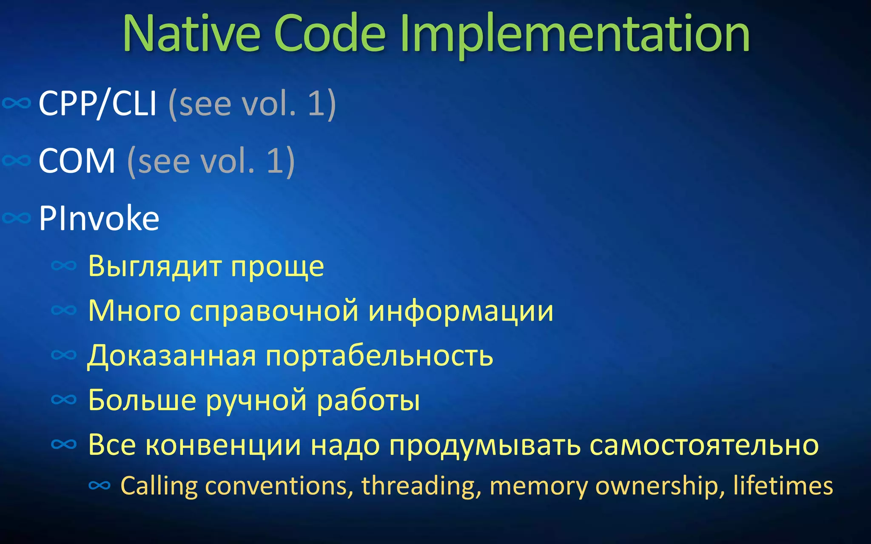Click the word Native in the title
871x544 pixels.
click(191, 34)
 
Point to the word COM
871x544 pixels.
click(77, 161)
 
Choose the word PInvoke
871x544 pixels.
click(99, 218)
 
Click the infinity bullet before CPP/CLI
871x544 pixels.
click(17, 103)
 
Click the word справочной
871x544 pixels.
click(274, 311)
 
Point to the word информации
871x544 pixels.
click(461, 311)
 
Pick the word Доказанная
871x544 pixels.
click(172, 356)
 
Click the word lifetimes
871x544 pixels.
click(783, 486)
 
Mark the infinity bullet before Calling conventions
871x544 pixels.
click(100, 485)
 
